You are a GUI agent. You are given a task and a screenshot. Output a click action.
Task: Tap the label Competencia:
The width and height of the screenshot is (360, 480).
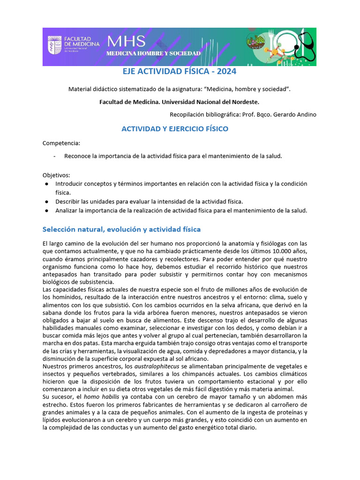(61, 142)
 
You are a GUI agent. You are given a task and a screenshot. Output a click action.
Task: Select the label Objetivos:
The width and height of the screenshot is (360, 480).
(56, 174)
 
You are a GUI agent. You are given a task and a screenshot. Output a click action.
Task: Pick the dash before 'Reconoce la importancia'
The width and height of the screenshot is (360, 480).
(55, 156)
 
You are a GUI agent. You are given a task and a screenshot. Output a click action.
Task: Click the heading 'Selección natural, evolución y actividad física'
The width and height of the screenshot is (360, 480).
(121, 229)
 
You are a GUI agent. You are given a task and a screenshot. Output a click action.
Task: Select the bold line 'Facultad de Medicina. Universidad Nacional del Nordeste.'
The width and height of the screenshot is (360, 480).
(179, 102)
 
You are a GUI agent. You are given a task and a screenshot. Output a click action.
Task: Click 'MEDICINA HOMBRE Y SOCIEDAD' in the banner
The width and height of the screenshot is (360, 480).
(154, 53)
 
